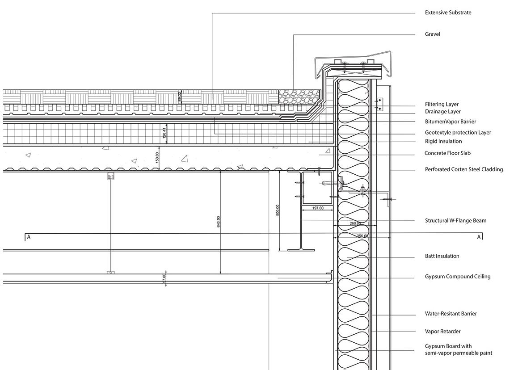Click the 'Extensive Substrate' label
click(x=448, y=13)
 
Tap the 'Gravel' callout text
click(x=432, y=34)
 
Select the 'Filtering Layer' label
click(x=442, y=104)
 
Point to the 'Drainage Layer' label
click(x=442, y=112)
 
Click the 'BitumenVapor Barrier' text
click(x=450, y=122)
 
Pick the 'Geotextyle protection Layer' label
click(x=458, y=132)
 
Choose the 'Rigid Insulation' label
click(x=443, y=141)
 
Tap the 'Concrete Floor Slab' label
click(x=447, y=153)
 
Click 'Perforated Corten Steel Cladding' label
click(x=463, y=169)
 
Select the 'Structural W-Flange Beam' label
click(x=455, y=220)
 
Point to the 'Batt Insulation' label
click(x=442, y=256)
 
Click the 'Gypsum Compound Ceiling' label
click(x=457, y=277)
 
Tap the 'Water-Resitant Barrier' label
click(x=451, y=314)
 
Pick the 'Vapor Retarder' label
click(x=442, y=332)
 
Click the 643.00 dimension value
click(x=218, y=221)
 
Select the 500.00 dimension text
click(x=278, y=210)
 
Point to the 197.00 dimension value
click(x=318, y=208)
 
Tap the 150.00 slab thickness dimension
click(x=157, y=158)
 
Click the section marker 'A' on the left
click(x=29, y=237)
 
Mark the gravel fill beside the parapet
click(x=297, y=97)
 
